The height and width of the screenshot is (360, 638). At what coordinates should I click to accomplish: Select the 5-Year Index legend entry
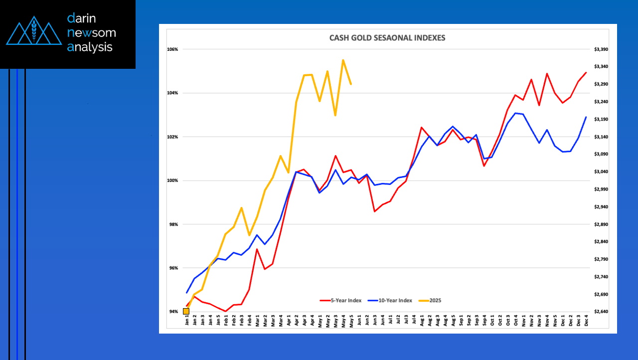click(341, 301)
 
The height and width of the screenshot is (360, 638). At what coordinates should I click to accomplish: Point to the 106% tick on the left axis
click(173, 49)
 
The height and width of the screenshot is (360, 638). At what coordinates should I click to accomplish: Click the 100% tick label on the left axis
click(173, 180)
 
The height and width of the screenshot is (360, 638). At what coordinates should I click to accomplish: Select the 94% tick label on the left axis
click(173, 312)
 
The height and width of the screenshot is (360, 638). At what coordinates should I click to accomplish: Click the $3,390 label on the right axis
click(601, 49)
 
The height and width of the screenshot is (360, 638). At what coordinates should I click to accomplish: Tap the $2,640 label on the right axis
click(601, 312)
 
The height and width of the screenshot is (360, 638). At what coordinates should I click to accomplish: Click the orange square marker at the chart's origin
click(186, 311)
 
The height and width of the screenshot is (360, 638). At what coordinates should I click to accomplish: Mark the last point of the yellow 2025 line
click(351, 84)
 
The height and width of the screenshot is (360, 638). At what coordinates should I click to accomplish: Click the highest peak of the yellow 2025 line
click(343, 60)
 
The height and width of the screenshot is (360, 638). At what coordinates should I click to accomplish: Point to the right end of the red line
click(586, 73)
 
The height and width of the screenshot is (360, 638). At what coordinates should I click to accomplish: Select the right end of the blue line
click(586, 117)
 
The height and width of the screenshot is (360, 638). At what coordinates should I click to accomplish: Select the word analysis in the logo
click(90, 47)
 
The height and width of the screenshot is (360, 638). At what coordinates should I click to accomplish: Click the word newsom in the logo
click(92, 33)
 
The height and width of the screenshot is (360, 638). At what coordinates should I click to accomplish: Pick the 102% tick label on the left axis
click(173, 137)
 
